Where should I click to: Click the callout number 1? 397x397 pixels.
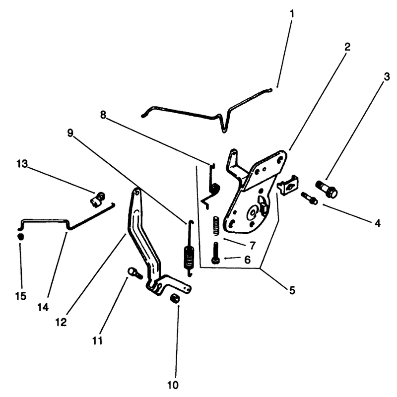pyautogui.click(x=292, y=14)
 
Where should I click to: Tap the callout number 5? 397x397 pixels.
pyautogui.click(x=292, y=290)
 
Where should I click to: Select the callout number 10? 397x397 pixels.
pyautogui.click(x=173, y=385)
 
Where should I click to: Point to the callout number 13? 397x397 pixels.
pyautogui.click(x=22, y=164)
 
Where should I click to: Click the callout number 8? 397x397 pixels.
pyautogui.click(x=103, y=115)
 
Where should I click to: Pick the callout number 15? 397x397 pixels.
pyautogui.click(x=20, y=295)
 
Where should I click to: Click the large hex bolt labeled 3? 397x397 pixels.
pyautogui.click(x=327, y=189)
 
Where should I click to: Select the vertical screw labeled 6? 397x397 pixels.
pyautogui.click(x=216, y=253)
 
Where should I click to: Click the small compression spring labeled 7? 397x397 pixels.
pyautogui.click(x=216, y=225)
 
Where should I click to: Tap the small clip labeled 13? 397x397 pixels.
pyautogui.click(x=98, y=199)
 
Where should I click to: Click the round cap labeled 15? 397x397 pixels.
pyautogui.click(x=20, y=237)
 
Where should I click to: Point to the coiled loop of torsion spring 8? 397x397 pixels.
pyautogui.click(x=215, y=189)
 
